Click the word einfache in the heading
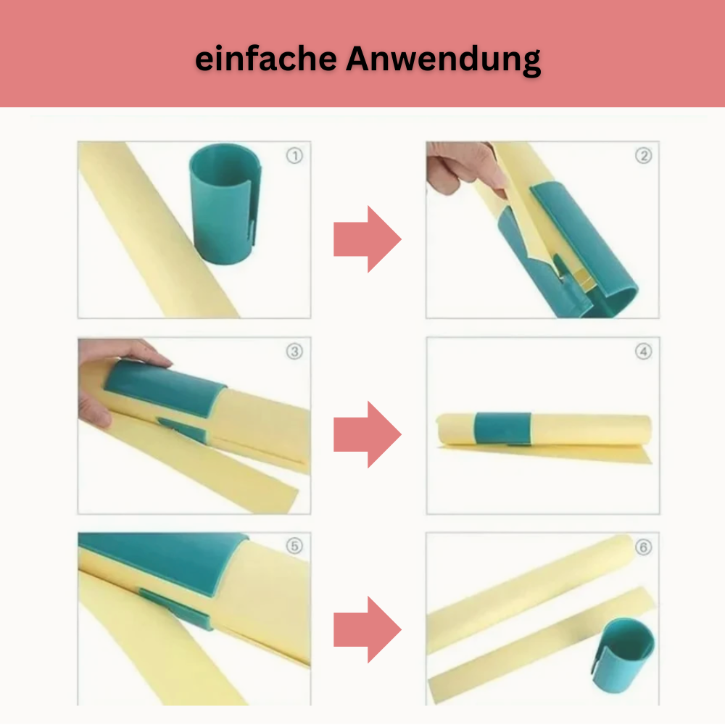point(266,59)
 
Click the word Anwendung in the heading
point(444,60)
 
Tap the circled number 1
point(294,155)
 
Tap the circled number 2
point(643,155)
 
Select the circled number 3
point(294,352)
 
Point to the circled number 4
point(643,352)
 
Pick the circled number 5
point(294,546)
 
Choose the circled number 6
point(643,547)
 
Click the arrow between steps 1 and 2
point(368,239)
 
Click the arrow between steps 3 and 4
point(368,434)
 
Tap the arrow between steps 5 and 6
point(368,630)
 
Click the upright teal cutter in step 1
point(225,204)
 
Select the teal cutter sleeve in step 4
point(502,428)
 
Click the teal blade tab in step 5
point(175,609)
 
